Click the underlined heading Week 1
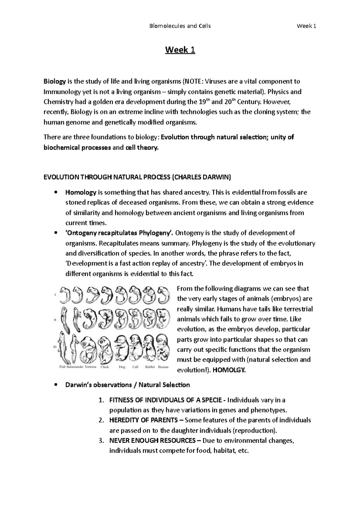pyautogui.click(x=180, y=50)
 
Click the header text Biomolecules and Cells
pyautogui.click(x=180, y=26)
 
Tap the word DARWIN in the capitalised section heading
pyautogui.click(x=219, y=177)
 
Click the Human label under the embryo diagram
pyautogui.click(x=163, y=367)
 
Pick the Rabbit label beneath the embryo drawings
pyautogui.click(x=150, y=367)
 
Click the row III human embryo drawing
pyautogui.click(x=163, y=348)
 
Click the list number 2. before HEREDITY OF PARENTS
pyautogui.click(x=101, y=420)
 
